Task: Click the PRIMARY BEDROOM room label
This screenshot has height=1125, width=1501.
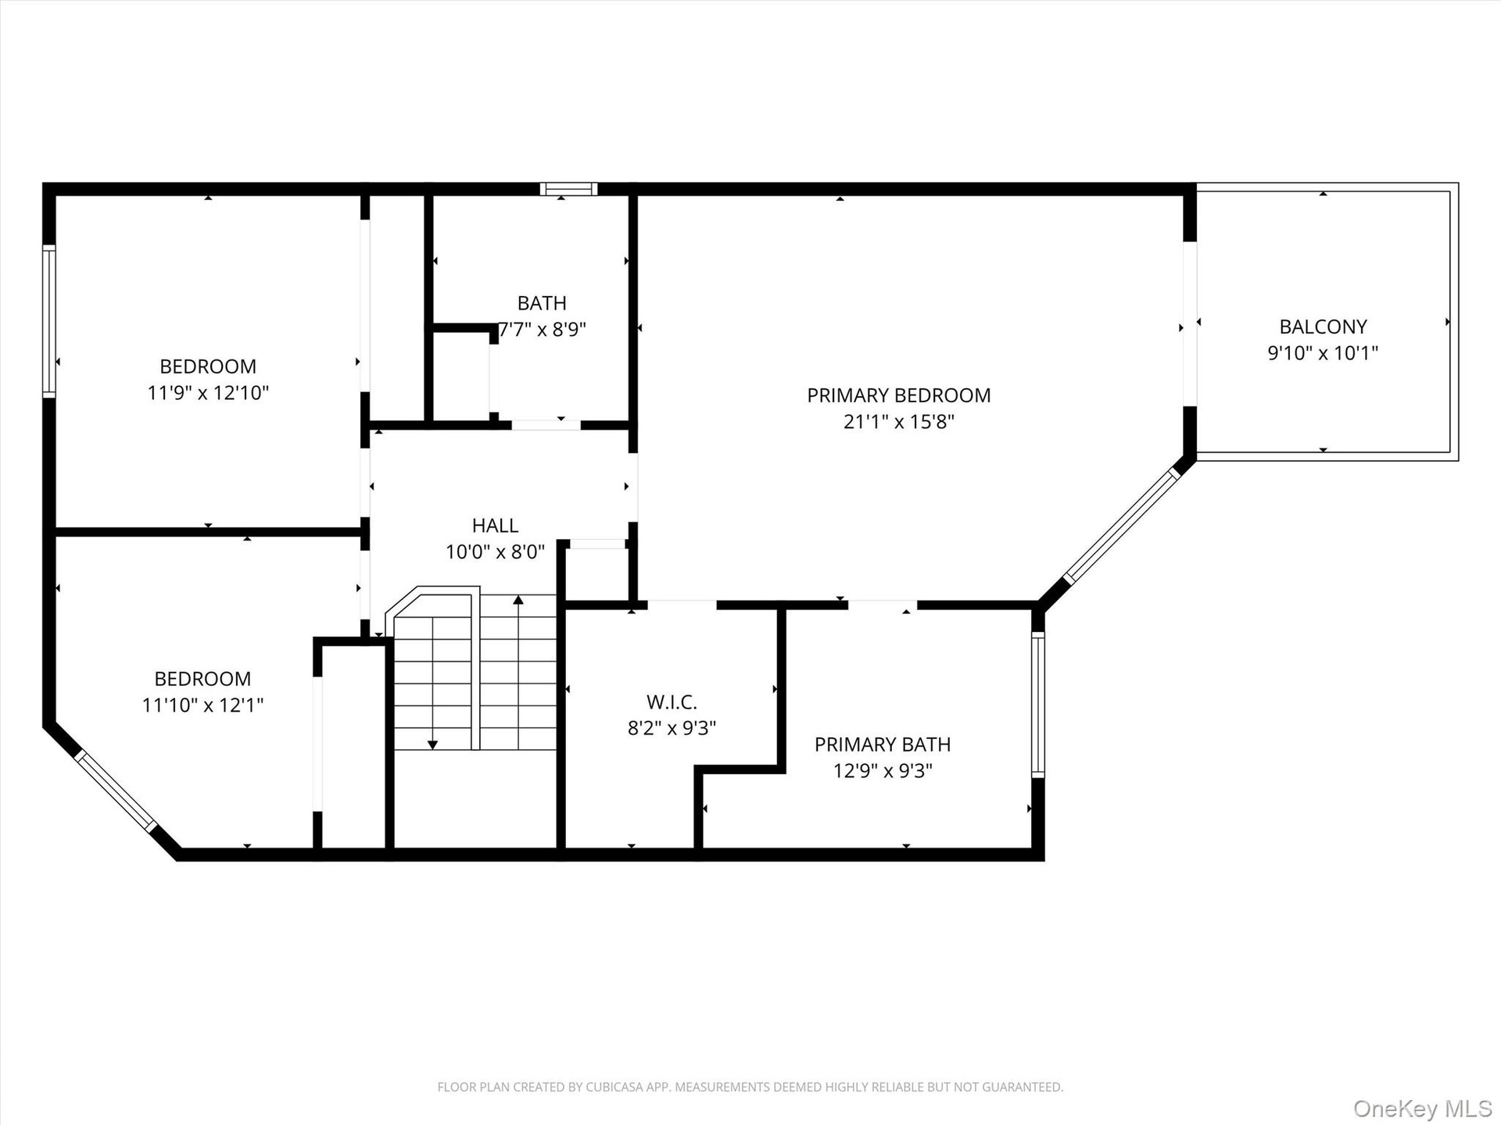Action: tap(898, 395)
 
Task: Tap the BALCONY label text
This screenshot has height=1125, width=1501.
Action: tap(1323, 327)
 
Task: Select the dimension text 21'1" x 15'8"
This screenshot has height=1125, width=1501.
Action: tap(898, 422)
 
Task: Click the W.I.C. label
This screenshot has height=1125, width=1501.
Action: tap(672, 702)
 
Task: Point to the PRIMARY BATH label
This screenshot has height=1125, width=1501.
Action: tap(883, 745)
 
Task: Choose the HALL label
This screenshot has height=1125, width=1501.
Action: tap(495, 526)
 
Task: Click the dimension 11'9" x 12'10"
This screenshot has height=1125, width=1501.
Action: tap(208, 392)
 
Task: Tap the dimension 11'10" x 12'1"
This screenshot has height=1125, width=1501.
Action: tap(202, 705)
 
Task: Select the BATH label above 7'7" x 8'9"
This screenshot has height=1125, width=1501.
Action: tap(542, 303)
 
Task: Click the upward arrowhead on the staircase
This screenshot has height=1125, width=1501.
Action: tap(518, 600)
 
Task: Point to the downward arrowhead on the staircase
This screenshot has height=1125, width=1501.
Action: tap(432, 745)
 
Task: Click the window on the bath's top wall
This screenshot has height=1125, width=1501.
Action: tap(568, 189)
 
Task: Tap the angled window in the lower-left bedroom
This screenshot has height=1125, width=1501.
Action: tap(116, 791)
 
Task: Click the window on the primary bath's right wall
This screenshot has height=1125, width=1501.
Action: tap(1037, 705)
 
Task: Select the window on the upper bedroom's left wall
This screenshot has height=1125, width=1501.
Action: tap(49, 321)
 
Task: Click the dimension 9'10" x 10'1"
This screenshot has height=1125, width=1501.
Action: tap(1323, 353)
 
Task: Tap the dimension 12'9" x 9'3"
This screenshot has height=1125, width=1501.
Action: tap(883, 771)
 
